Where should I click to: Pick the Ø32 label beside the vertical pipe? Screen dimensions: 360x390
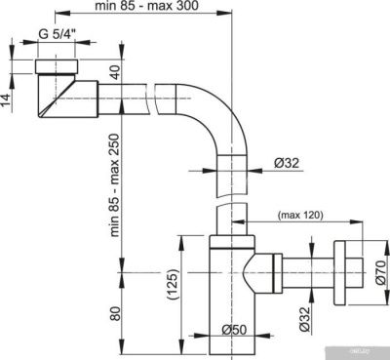[x=284, y=164]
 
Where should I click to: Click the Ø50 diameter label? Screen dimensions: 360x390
[x=234, y=330]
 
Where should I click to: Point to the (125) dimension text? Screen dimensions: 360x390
[x=173, y=285]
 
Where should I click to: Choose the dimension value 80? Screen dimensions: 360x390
[x=113, y=314]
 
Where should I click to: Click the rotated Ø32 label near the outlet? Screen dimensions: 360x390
[x=304, y=318]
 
